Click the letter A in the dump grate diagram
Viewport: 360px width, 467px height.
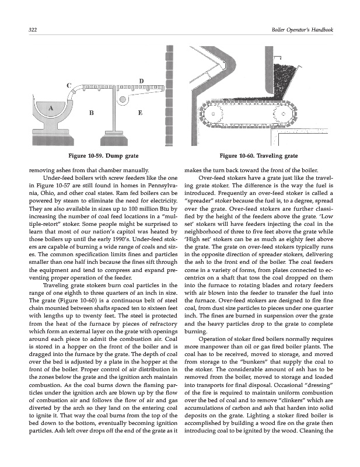(52, 108)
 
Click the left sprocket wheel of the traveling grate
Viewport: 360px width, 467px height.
(213, 114)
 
